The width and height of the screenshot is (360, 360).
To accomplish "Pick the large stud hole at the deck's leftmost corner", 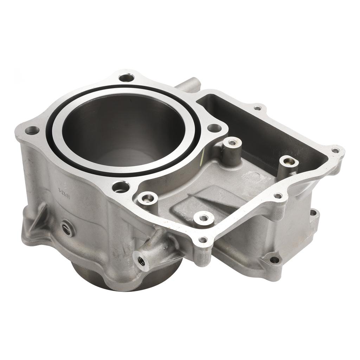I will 32,130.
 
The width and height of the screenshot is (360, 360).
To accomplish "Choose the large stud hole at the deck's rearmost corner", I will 126,77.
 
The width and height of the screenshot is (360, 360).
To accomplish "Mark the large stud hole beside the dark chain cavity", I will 214,128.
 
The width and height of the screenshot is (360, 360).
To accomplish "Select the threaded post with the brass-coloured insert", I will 289,161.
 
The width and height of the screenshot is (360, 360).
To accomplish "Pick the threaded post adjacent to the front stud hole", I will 148,198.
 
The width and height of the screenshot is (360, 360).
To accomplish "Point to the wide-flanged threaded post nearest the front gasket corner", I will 204,218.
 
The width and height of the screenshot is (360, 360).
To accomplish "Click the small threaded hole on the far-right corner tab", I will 336,150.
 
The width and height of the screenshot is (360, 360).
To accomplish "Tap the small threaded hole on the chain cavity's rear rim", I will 258,108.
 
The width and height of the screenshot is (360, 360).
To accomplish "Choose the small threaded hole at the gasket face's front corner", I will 203,240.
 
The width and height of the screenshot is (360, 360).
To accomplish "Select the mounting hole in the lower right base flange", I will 274,260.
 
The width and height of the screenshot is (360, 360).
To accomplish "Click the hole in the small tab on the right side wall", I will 313,212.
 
